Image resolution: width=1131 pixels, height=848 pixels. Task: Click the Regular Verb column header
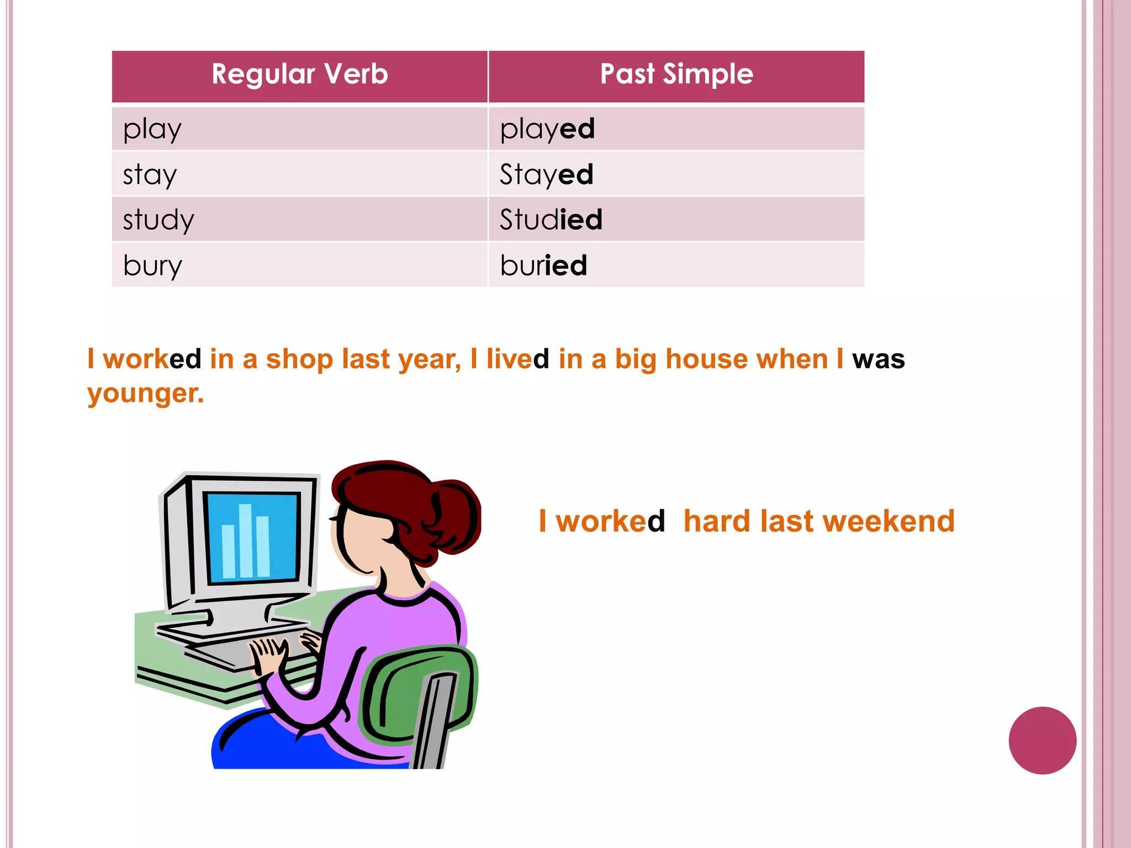300,75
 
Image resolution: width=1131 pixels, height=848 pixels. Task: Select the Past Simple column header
677,75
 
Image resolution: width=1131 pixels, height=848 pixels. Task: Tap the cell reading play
152,130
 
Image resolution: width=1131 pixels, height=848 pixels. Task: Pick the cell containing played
547,130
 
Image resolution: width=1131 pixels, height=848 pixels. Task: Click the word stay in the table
150,175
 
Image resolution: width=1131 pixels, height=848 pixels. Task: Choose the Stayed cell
546,175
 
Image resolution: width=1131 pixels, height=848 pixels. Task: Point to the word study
158,220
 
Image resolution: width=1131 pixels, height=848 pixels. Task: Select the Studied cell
551,220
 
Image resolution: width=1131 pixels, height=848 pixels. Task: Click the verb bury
152,266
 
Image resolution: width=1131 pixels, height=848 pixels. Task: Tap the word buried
543,266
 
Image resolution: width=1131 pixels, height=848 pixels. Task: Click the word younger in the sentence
145,394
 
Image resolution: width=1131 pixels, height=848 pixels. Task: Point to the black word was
878,359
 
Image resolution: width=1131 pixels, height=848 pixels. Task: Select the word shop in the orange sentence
299,359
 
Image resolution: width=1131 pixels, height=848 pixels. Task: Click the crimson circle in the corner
1042,740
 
